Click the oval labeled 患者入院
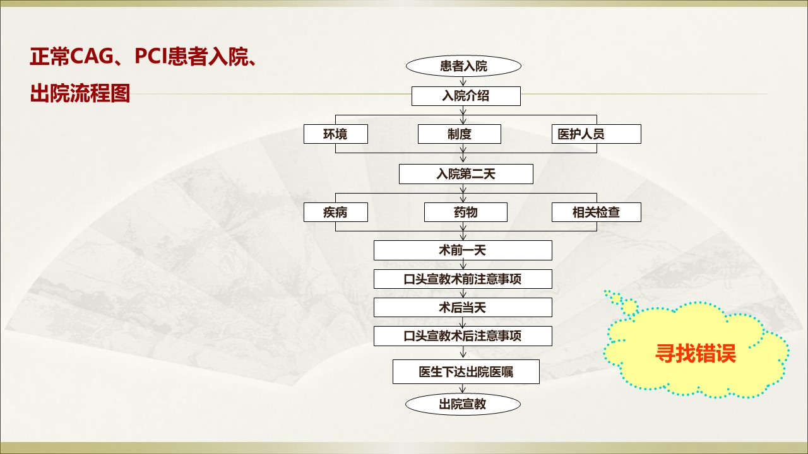(463, 66)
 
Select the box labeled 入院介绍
(466, 96)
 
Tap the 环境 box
(335, 134)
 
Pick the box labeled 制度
(459, 134)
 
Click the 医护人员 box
(597, 134)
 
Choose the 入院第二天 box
(466, 174)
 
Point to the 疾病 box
(335, 212)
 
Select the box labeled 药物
(466, 212)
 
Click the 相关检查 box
(597, 212)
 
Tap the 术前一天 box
(463, 250)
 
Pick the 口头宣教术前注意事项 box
(463, 279)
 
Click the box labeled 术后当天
(463, 307)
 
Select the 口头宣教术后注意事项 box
(463, 336)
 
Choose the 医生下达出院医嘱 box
(466, 371)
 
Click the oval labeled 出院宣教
(463, 404)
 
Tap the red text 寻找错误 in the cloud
(695, 353)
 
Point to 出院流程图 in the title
(80, 93)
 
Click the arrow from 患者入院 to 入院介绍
(463, 81)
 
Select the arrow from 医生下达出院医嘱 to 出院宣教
(463, 388)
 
